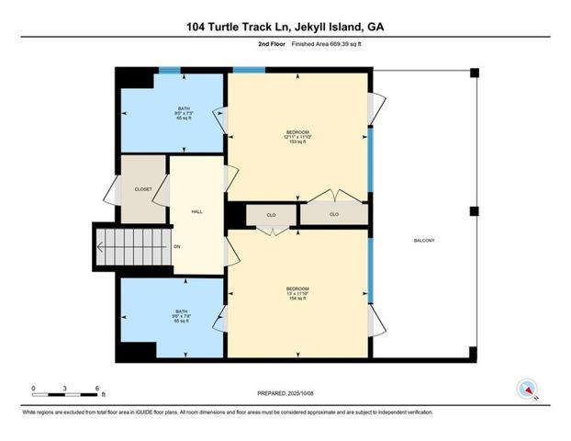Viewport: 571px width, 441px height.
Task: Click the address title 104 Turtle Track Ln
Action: [x=285, y=27]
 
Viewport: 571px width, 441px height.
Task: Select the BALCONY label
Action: [x=422, y=241]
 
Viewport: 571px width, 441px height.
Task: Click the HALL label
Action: [x=196, y=211]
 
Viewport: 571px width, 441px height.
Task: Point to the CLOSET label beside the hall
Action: [x=142, y=189]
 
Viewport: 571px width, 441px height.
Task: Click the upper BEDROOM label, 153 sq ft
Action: [x=297, y=137]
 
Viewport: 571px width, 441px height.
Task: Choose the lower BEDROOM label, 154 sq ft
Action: [x=297, y=293]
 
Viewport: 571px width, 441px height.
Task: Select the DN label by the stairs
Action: [x=177, y=246]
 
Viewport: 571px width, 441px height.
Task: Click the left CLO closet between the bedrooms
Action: [x=272, y=215]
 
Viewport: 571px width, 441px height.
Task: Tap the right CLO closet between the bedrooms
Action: [x=334, y=215]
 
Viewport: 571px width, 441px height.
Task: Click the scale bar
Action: [x=64, y=394]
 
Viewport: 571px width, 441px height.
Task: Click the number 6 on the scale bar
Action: [x=96, y=388]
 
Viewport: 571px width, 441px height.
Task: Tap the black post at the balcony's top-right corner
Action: [x=474, y=72]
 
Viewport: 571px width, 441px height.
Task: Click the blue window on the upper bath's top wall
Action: [x=170, y=69]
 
